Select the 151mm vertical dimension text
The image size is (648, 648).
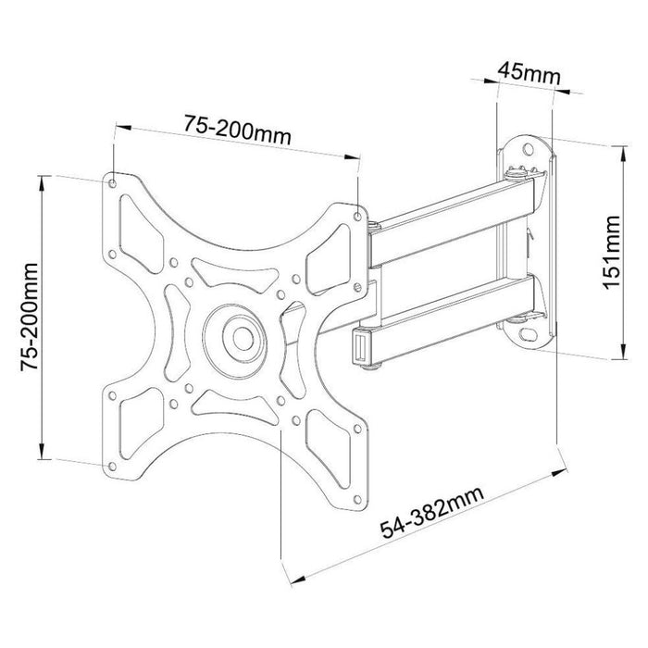(611, 253)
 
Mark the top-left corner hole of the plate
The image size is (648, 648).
(114, 181)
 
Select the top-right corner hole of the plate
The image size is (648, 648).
(358, 218)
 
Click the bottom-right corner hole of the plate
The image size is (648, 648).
(357, 502)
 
